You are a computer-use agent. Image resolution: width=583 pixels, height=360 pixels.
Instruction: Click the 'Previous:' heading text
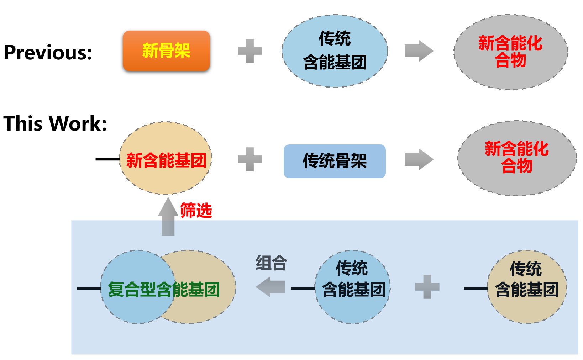pos(48,52)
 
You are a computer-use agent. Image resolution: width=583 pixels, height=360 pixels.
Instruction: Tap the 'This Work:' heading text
pos(55,123)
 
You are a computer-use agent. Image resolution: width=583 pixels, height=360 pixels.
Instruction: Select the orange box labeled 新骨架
pos(166,51)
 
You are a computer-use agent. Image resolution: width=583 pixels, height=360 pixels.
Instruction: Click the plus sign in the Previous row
pos(250,51)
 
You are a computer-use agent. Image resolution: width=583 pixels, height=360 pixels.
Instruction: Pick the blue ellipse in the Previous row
pos(335,51)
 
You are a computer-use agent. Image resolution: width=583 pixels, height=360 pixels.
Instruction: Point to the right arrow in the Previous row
pos(419,51)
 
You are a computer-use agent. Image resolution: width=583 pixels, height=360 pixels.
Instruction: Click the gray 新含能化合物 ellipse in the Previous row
pos(511,52)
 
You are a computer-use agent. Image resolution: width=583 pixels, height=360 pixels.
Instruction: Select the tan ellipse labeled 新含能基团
pos(166,158)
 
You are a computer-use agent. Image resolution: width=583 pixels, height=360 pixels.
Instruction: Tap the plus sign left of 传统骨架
pos(250,159)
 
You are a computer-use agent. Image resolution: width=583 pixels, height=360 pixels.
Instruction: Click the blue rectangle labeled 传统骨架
pos(335,161)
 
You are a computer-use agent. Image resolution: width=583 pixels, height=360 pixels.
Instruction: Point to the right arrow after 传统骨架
pos(419,159)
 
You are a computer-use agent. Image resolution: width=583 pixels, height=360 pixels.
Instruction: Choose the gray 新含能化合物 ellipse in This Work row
pos(517,158)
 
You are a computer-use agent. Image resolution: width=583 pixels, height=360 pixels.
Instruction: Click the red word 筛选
pos(196,210)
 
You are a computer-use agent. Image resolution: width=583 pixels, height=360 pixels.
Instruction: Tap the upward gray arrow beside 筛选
pos(168,216)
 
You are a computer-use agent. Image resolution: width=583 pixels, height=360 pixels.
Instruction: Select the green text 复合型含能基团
pos(164,289)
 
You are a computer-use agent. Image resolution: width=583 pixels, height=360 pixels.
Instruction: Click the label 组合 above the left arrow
pos(272,263)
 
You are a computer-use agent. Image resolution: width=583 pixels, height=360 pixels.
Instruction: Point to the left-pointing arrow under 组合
pos(270,287)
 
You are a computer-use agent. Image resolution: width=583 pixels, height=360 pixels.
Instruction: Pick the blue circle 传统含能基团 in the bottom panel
pos(353,287)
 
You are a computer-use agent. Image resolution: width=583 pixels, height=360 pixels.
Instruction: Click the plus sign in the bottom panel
pos(427,287)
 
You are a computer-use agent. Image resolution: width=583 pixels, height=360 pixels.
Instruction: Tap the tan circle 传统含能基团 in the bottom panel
pos(527,287)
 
